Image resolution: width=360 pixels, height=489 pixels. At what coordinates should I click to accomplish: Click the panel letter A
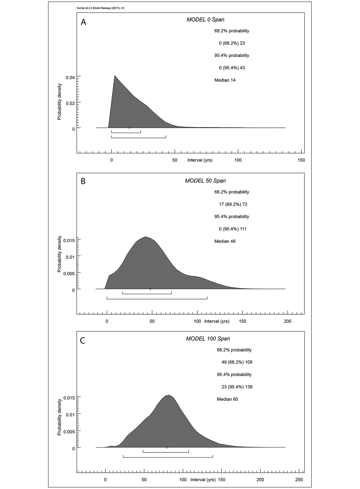pyautogui.click(x=83, y=22)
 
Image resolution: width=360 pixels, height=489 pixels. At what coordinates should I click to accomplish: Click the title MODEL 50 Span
pyautogui.click(x=205, y=181)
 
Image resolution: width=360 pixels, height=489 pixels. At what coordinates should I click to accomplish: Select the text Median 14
pyautogui.click(x=225, y=80)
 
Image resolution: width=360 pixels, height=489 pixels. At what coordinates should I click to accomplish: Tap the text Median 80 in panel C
pyautogui.click(x=227, y=399)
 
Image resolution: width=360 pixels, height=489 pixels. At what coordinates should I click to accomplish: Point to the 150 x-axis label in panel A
pyautogui.click(x=301, y=160)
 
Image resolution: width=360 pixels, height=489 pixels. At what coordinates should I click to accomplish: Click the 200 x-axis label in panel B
pyautogui.click(x=287, y=321)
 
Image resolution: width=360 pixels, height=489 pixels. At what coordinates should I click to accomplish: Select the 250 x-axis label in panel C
pyautogui.click(x=299, y=480)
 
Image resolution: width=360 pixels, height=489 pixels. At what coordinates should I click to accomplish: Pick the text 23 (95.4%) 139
pyautogui.click(x=237, y=387)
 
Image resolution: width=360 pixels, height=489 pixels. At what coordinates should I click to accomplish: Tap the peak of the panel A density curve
pyautogui.click(x=115, y=76)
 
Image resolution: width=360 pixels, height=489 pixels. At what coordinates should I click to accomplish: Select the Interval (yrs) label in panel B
pyautogui.click(x=217, y=321)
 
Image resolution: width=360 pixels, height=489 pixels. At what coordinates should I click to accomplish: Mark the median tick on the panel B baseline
pyautogui.click(x=150, y=289)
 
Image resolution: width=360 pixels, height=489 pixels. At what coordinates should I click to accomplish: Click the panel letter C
pyautogui.click(x=83, y=340)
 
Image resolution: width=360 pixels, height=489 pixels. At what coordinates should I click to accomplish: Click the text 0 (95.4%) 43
pyautogui.click(x=232, y=68)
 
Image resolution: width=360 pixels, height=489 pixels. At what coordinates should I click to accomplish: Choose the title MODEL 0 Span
pyautogui.click(x=205, y=20)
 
